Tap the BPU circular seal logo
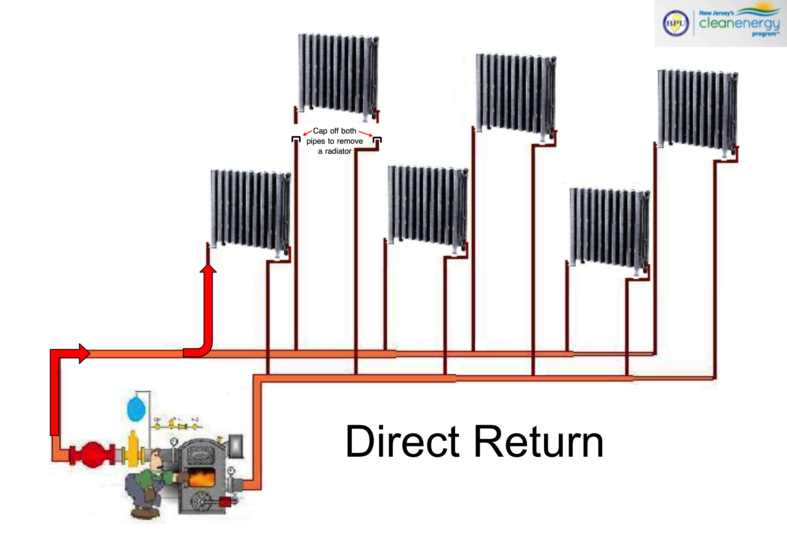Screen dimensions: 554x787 (676, 23)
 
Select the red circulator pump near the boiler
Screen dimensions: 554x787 (92, 454)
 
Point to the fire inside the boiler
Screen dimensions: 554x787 (202, 478)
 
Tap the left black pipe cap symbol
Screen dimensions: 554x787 (296, 139)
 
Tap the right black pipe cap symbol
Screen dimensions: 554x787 (377, 139)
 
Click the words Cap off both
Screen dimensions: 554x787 (334, 131)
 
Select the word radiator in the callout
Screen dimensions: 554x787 (338, 151)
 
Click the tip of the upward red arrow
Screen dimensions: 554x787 (208, 265)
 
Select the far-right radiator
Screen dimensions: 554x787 (697, 110)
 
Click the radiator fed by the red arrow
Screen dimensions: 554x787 (250, 209)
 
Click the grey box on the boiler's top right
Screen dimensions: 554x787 (236, 446)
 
